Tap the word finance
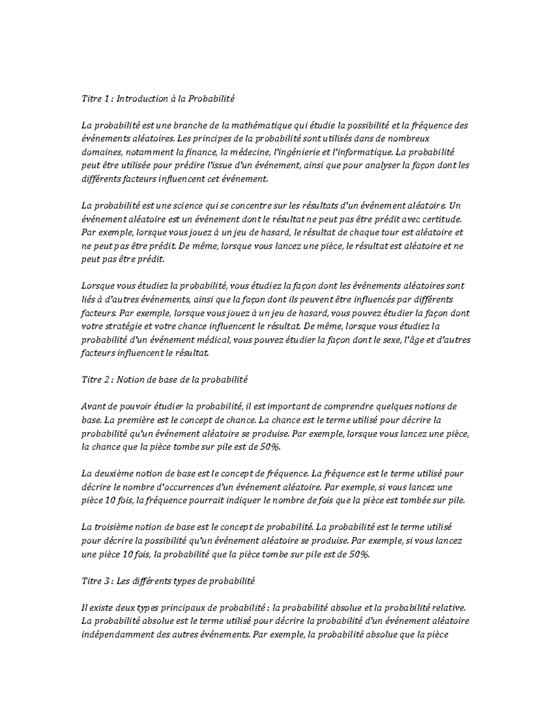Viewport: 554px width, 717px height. (201, 152)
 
